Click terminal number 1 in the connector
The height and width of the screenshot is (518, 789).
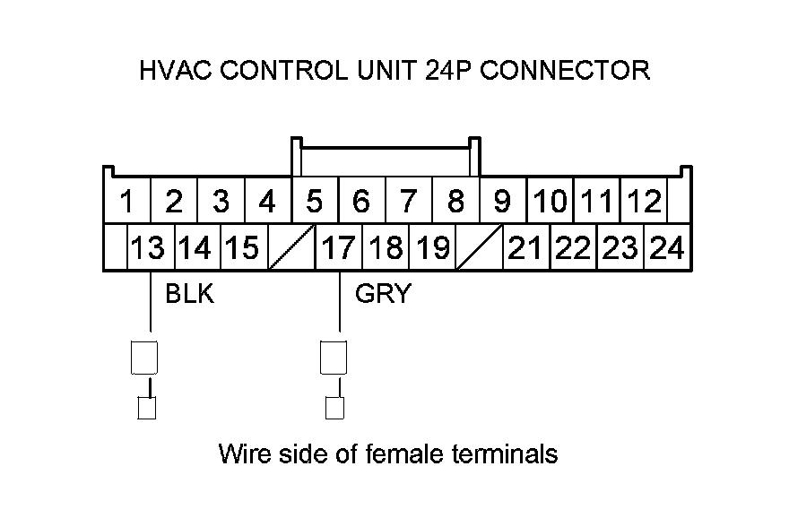click(127, 202)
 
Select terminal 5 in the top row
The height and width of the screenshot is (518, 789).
click(314, 202)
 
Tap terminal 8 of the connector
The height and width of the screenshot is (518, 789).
click(455, 202)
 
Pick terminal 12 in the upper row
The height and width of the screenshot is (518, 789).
click(644, 202)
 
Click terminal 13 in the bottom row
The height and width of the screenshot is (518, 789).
click(148, 247)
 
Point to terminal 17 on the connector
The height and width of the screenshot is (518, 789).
click(339, 247)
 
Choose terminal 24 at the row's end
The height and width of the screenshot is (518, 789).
click(667, 247)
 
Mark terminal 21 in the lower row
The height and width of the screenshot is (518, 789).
click(525, 247)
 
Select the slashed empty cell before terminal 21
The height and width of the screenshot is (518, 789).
click(480, 247)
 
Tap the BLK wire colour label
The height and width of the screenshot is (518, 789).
click(190, 293)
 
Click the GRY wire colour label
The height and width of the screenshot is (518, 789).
click(382, 293)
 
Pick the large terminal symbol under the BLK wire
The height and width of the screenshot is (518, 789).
click(145, 357)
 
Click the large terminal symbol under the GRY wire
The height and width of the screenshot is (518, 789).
click(334, 357)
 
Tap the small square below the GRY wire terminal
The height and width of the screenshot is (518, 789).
click(334, 409)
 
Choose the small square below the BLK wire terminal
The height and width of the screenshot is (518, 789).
click(146, 409)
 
